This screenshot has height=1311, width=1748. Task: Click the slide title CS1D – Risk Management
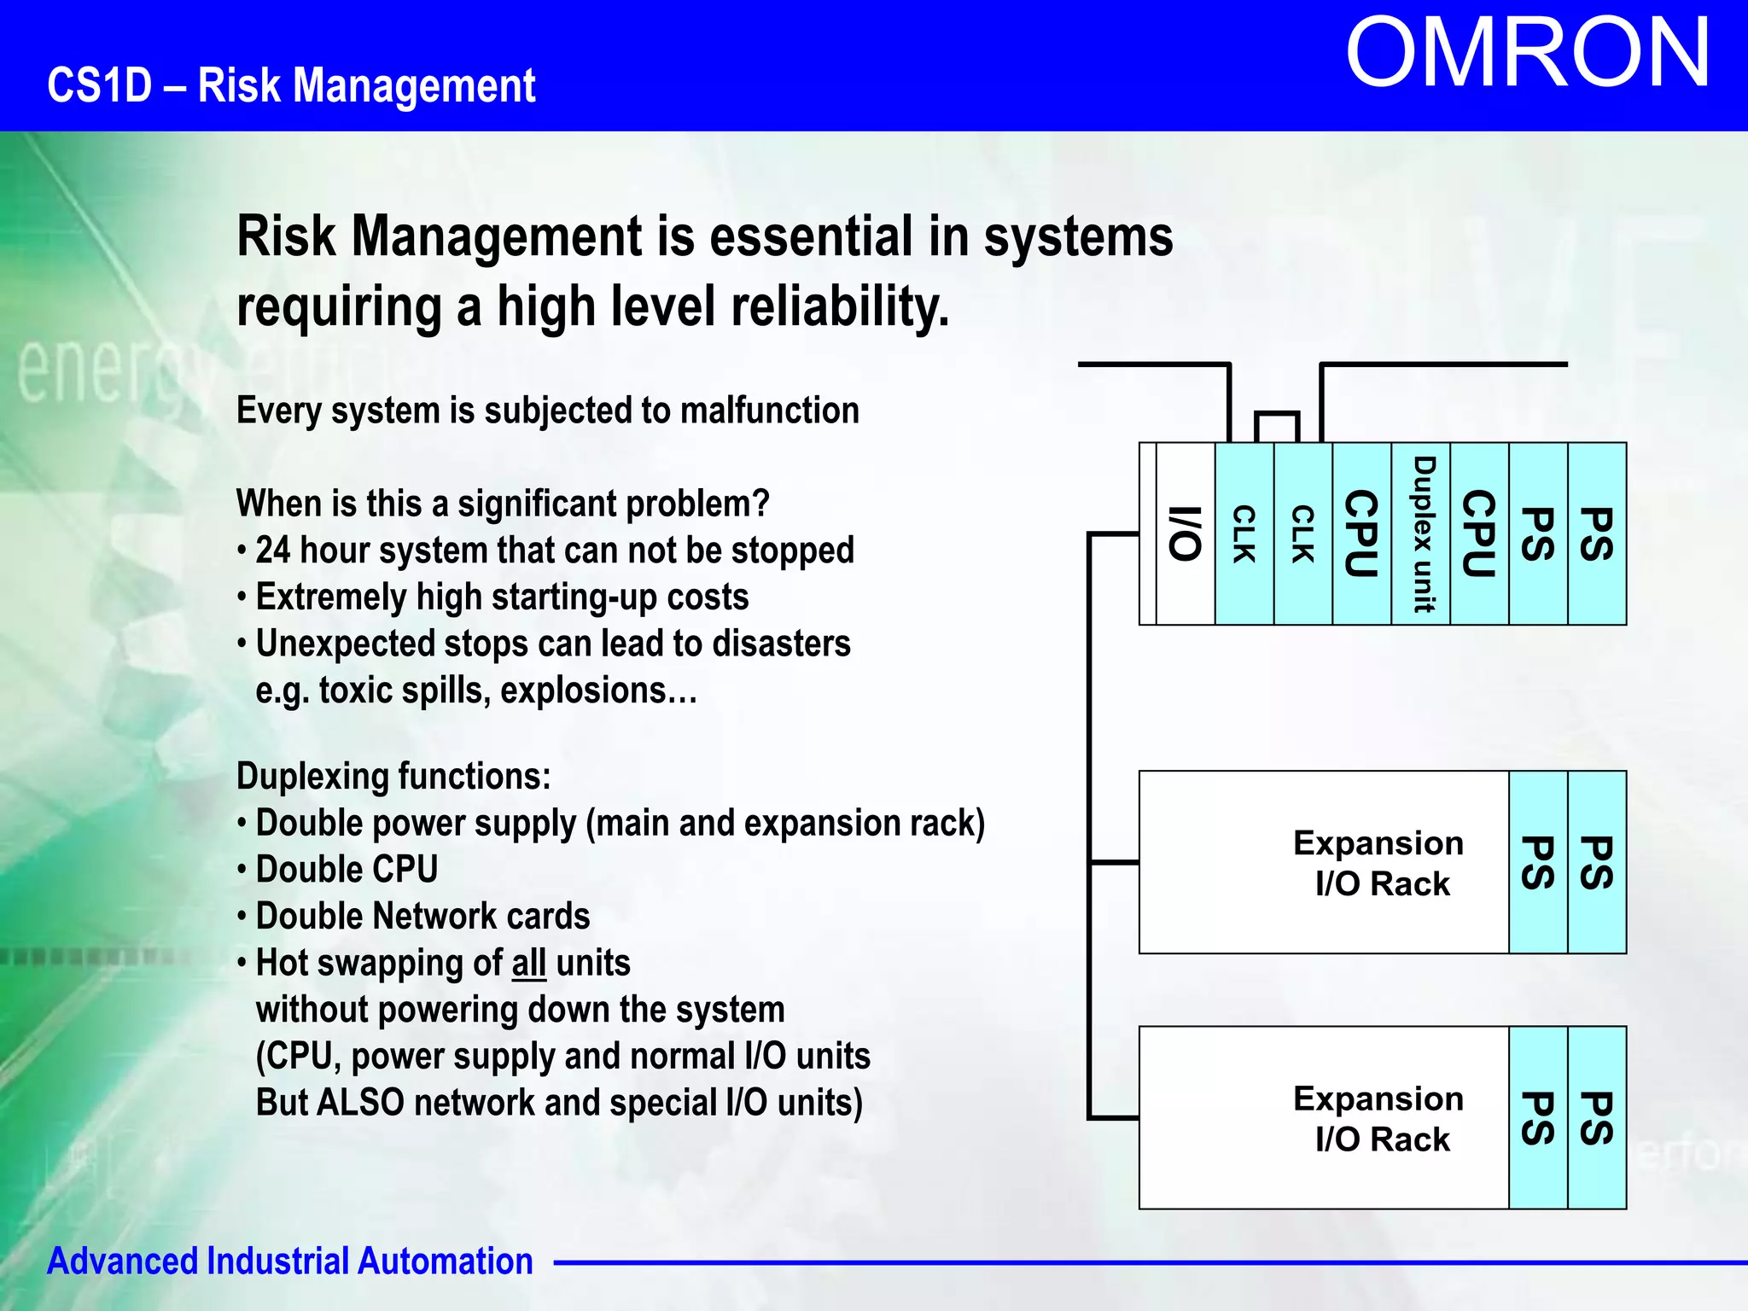(x=291, y=85)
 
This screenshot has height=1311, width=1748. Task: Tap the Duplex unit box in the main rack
(x=1420, y=534)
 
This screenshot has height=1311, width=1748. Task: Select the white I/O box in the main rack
(x=1185, y=534)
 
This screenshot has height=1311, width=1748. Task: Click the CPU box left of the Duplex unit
(x=1361, y=534)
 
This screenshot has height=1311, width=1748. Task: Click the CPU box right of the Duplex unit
(x=1479, y=534)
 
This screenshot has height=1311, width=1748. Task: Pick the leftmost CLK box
(x=1244, y=534)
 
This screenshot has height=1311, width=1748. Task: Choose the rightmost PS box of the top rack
(x=1597, y=534)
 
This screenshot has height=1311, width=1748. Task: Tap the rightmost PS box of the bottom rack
(x=1597, y=1118)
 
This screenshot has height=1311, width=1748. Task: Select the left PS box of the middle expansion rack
(x=1538, y=863)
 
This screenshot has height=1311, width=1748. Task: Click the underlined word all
(x=529, y=964)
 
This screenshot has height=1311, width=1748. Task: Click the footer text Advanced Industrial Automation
(x=290, y=1261)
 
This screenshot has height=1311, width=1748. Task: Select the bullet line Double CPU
(x=347, y=870)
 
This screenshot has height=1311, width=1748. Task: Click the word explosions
(x=598, y=690)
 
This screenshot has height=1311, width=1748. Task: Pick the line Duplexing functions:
(x=393, y=777)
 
